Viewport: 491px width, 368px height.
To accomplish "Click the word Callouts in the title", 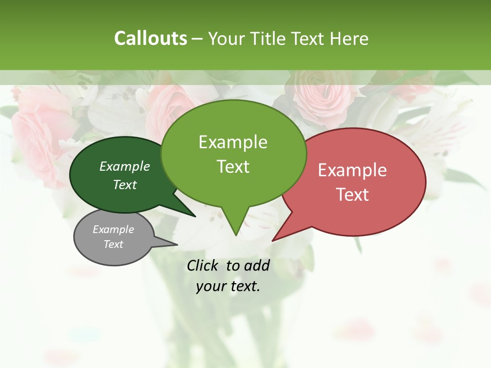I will coord(150,38).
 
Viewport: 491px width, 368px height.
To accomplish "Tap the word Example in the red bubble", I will coord(352,170).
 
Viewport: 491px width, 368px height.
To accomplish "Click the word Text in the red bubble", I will coord(352,195).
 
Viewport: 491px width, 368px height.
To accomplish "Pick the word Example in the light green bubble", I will coord(233,142).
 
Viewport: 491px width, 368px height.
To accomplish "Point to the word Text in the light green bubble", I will coord(233,167).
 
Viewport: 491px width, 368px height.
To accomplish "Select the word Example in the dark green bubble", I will coord(125,166).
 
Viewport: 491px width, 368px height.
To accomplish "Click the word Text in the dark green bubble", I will coord(125,185).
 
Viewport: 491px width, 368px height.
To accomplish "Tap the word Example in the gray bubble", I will coord(114,229).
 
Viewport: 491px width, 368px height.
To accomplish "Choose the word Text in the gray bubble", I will coord(114,244).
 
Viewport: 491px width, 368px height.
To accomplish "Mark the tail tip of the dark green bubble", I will coord(194,216).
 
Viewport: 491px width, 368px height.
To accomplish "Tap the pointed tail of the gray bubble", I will coord(176,244).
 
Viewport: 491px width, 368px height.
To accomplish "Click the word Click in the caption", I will coord(203,265).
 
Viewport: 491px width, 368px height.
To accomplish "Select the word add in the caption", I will coord(257,265).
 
